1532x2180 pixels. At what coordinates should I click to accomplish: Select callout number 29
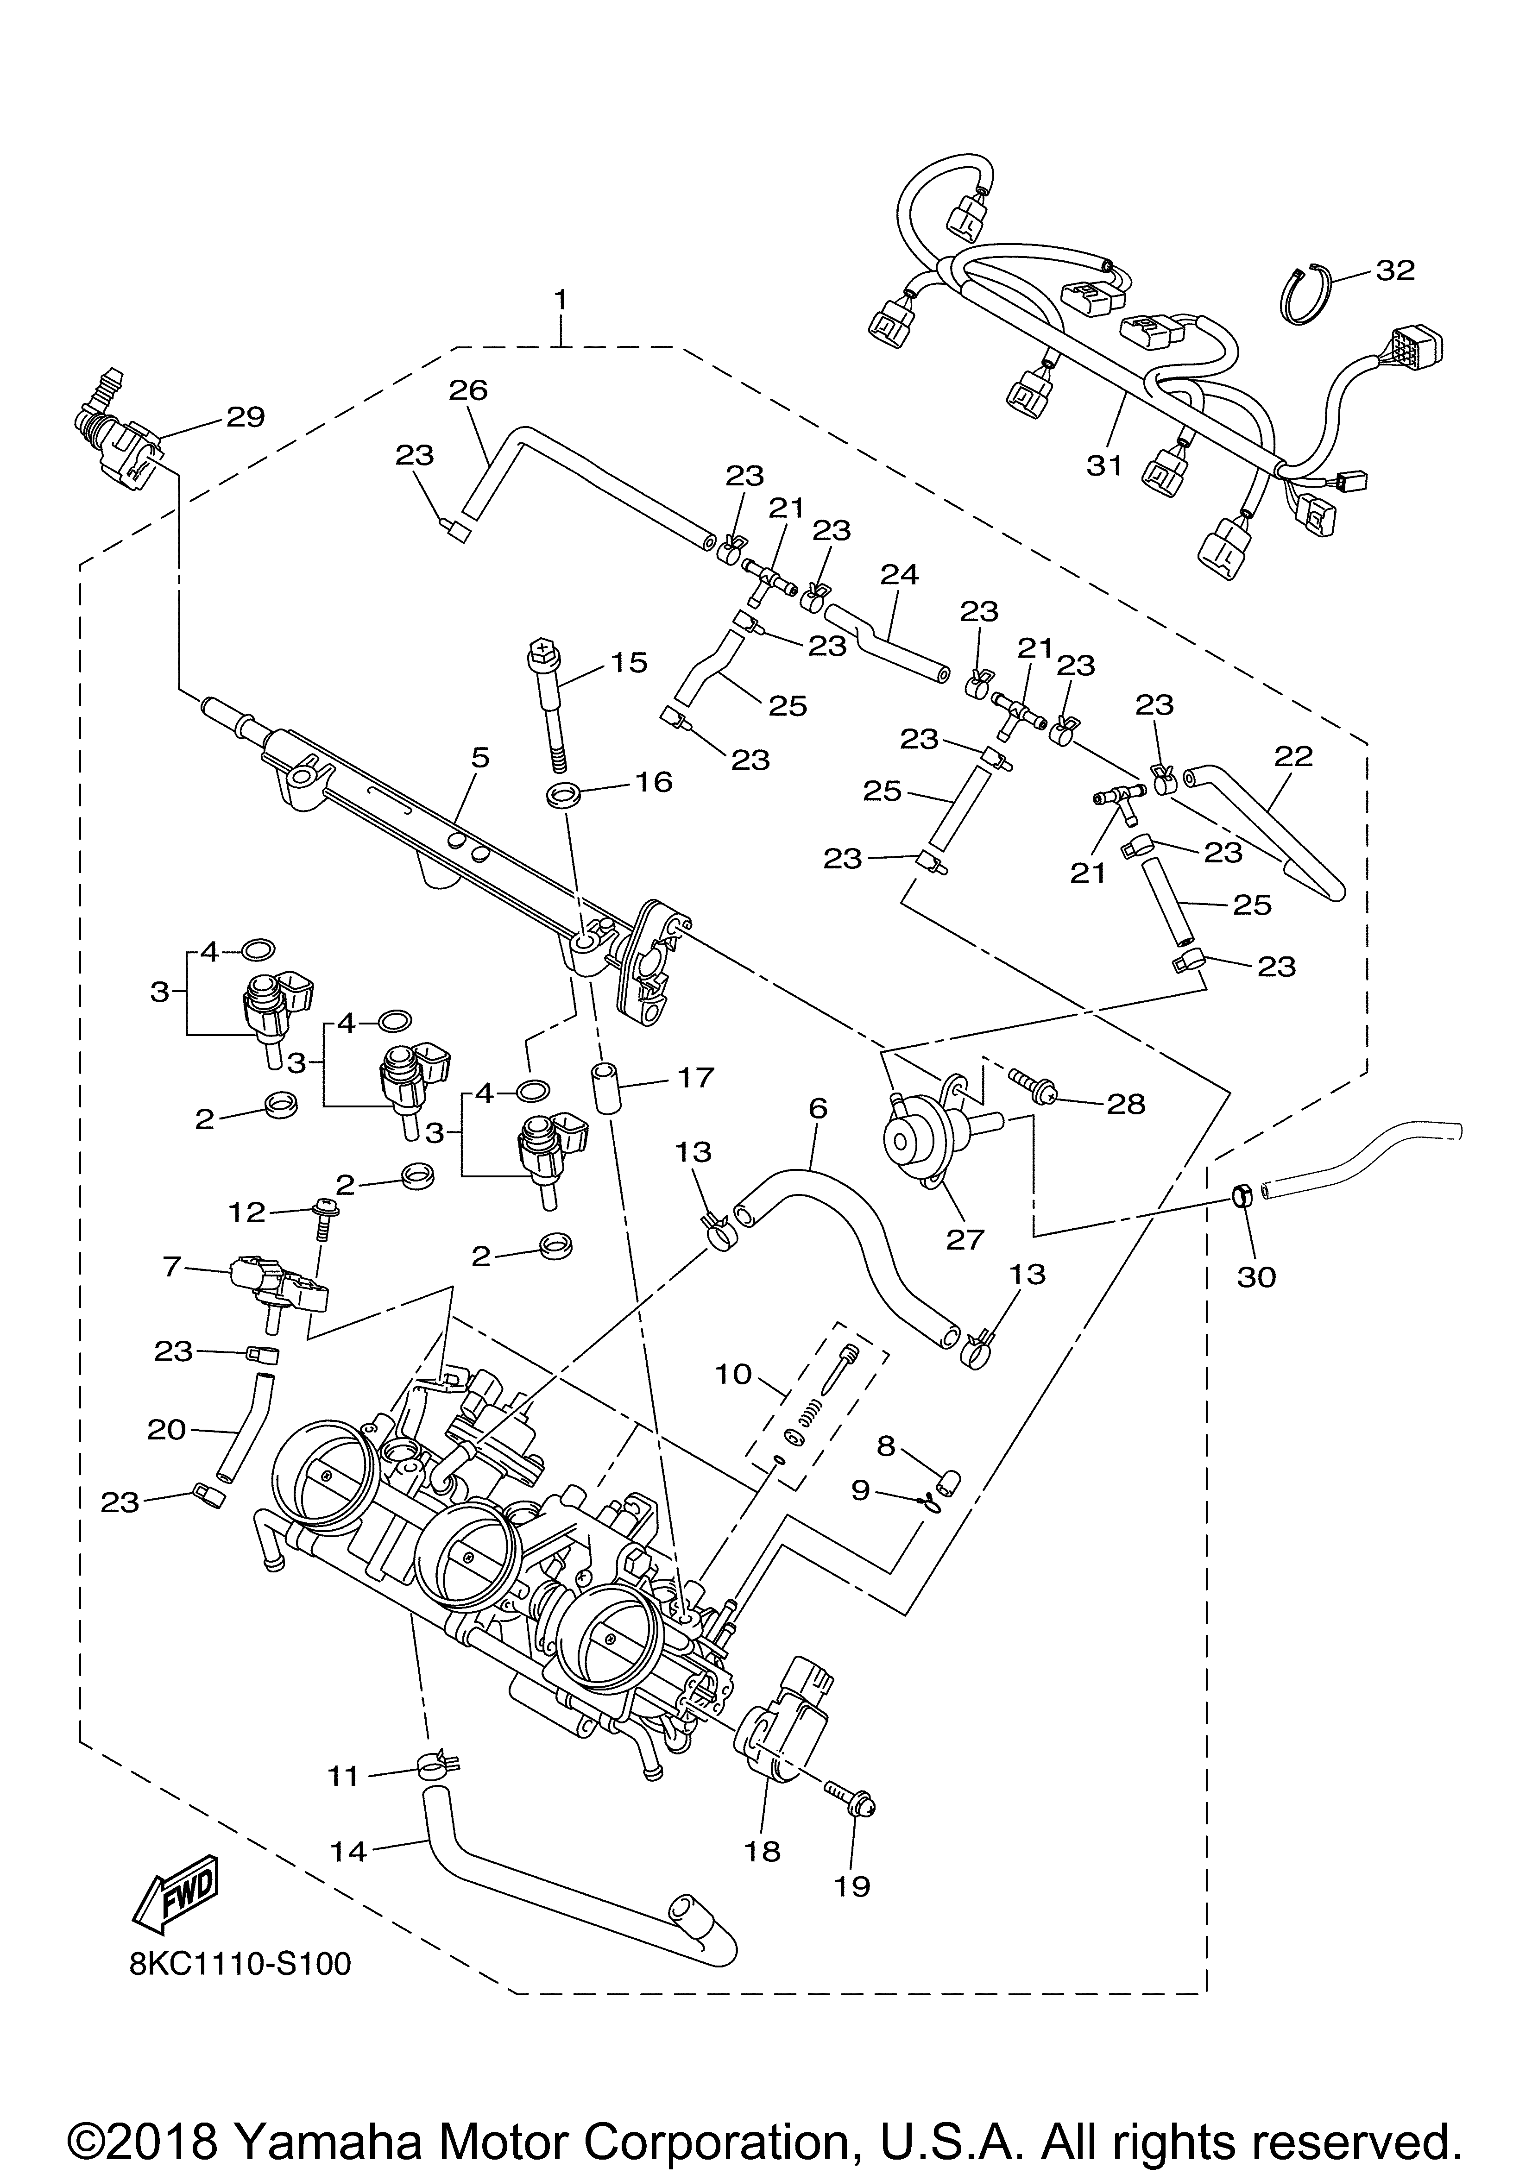(245, 417)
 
